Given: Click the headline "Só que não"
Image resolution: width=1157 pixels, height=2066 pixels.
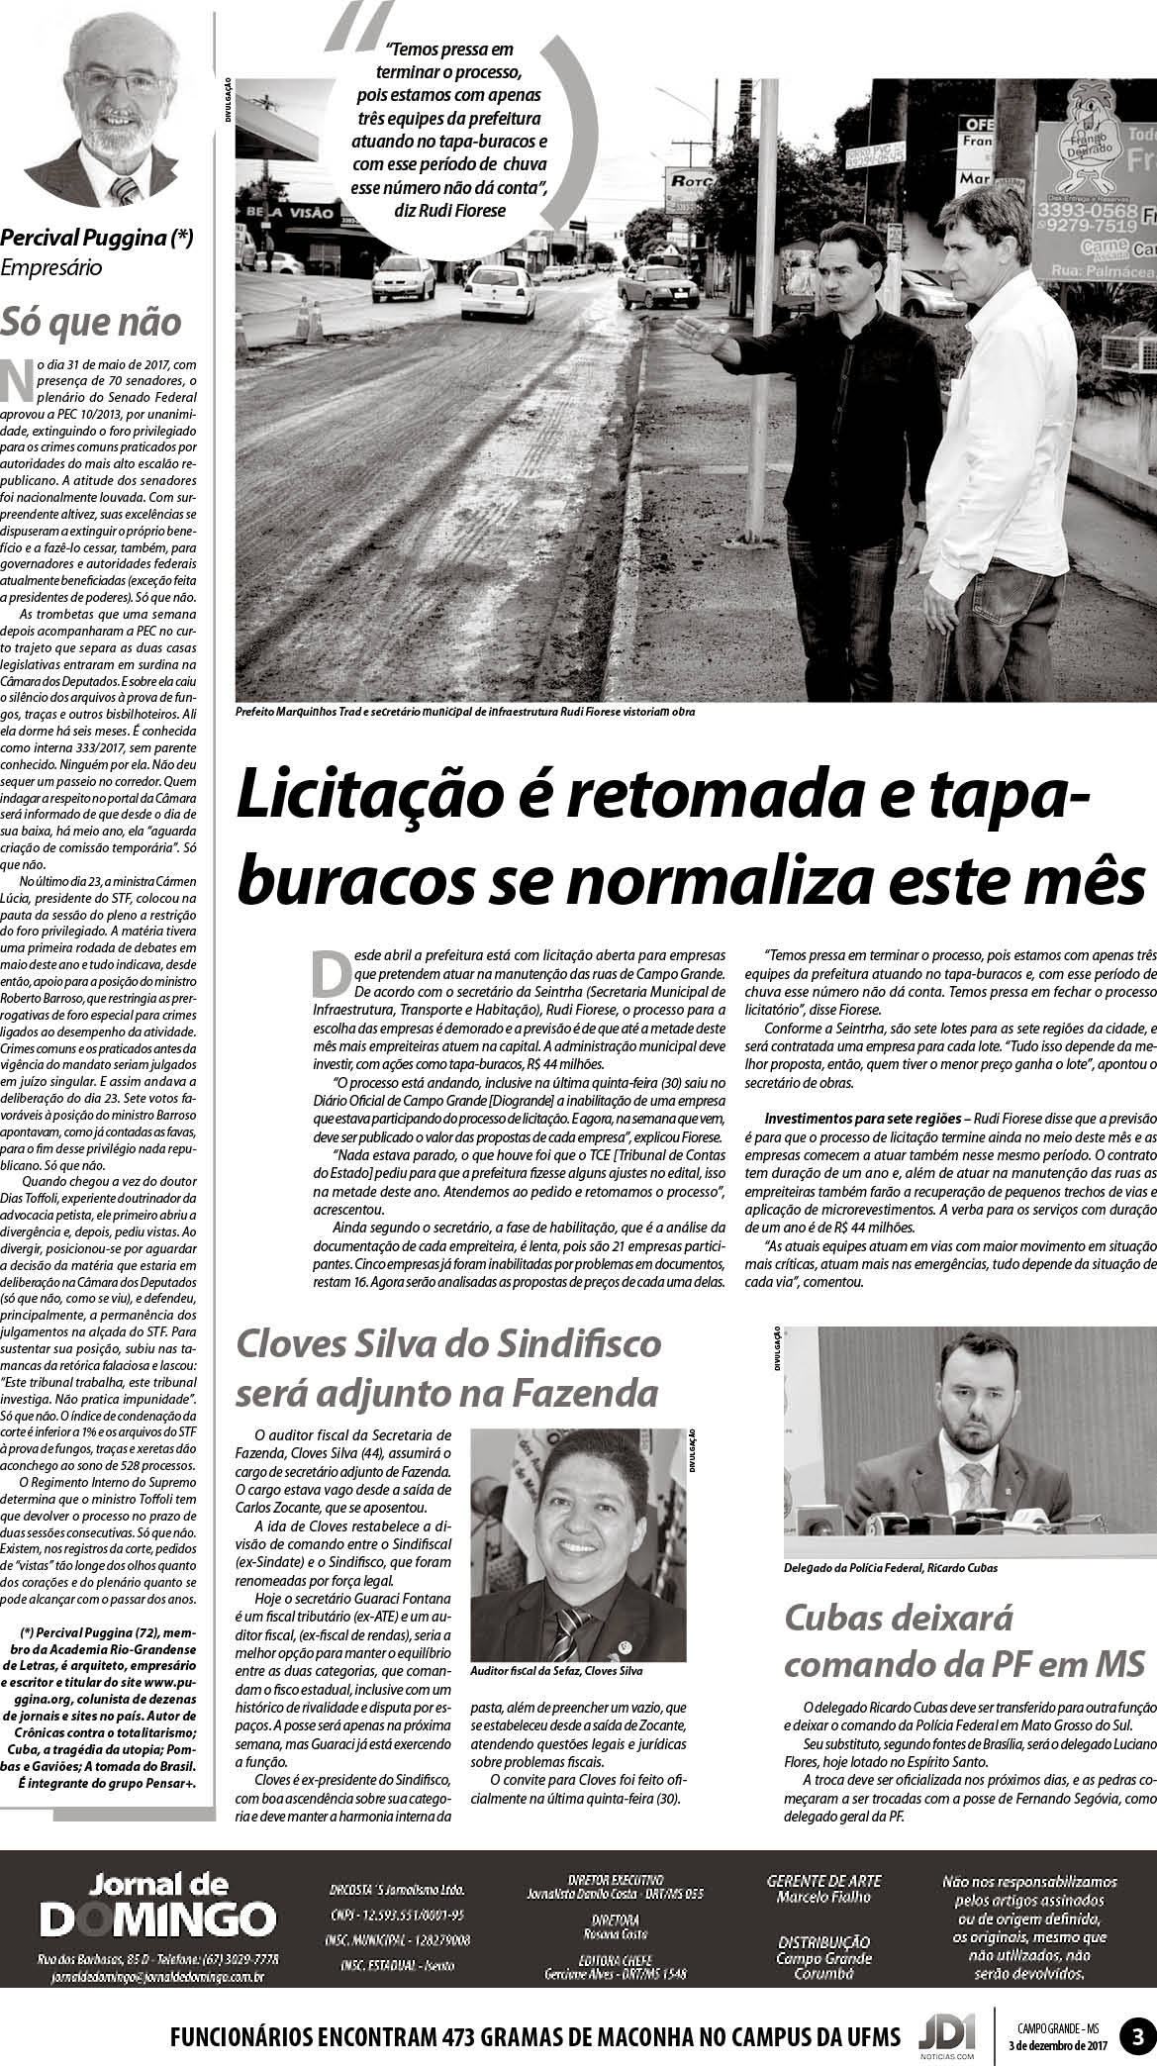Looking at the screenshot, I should (x=91, y=322).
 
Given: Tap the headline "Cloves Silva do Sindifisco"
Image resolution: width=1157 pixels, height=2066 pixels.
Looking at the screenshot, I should (x=448, y=1344).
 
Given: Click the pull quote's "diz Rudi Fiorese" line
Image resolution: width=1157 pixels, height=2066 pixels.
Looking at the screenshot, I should (x=454, y=210).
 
